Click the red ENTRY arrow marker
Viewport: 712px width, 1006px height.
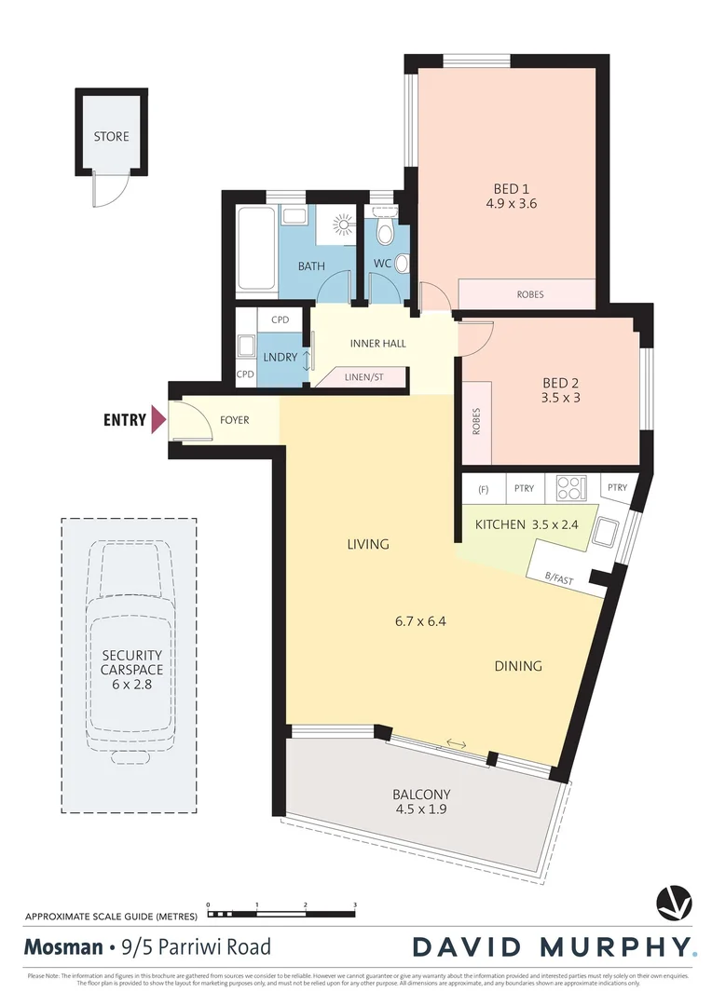click(x=158, y=419)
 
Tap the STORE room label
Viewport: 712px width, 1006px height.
click(x=111, y=137)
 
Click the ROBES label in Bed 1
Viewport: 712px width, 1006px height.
click(x=529, y=294)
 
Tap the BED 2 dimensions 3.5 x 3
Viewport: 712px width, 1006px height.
click(x=561, y=397)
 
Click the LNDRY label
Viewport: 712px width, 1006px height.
click(x=281, y=357)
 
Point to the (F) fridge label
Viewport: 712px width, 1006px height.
click(x=483, y=486)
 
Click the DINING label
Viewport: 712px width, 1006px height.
click(x=518, y=666)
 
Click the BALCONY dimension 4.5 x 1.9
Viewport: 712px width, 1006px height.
click(x=421, y=809)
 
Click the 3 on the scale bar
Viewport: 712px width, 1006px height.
click(x=355, y=904)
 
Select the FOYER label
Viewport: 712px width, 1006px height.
click(x=235, y=420)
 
